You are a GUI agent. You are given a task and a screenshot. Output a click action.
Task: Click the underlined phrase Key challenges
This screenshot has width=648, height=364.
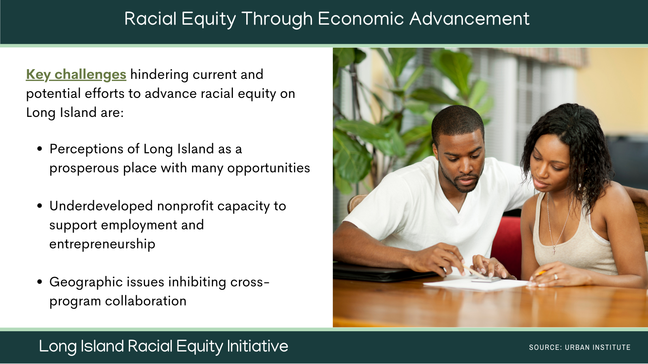[x=76, y=75]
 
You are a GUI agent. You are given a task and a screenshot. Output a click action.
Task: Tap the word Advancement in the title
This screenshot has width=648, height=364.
[x=469, y=19]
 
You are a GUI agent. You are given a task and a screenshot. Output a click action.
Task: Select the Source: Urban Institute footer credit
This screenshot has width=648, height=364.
[x=580, y=347]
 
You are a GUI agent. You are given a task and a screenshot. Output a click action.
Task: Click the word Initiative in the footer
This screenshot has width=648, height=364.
[x=258, y=346]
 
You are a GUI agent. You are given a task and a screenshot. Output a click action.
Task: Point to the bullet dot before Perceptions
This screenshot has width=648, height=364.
[x=40, y=149]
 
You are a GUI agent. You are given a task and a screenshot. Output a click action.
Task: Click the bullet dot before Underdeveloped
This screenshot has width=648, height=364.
[x=40, y=206]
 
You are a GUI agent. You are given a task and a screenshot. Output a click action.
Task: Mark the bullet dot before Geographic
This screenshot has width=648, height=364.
[x=40, y=282]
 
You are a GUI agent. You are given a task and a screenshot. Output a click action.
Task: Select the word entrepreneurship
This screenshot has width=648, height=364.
[x=102, y=244]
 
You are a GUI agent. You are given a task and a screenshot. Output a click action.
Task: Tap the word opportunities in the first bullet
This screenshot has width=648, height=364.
[x=269, y=168]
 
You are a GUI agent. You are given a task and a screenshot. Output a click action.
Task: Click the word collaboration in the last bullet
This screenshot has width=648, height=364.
[x=146, y=301]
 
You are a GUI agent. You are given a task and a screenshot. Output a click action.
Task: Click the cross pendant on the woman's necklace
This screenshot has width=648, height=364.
[x=554, y=251]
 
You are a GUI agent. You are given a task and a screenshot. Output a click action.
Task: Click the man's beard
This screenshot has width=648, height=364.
[x=460, y=182]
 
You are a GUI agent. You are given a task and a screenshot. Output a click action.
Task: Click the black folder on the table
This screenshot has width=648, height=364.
[x=385, y=273]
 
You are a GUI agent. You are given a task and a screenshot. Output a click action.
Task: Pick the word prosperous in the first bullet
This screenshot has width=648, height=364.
[x=84, y=168]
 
